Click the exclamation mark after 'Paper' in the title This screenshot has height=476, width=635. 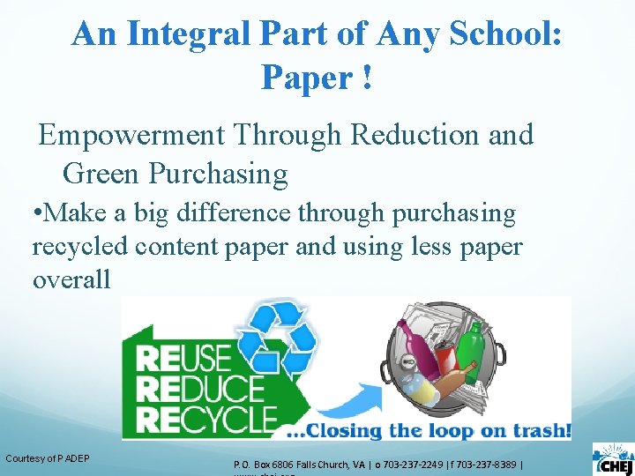365,78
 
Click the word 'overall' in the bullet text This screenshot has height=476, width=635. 71,280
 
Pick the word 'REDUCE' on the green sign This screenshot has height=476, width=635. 201,387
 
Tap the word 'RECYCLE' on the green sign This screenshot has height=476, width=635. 208,417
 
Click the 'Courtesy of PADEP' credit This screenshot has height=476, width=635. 48,457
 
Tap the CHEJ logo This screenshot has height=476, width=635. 611,459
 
